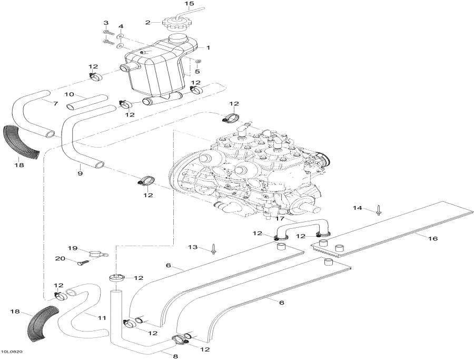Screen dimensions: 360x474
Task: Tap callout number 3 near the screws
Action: (x=105, y=23)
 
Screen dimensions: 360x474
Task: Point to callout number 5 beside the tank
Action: (x=197, y=71)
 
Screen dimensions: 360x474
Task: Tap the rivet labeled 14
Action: (x=379, y=212)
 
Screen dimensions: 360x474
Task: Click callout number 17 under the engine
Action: (x=279, y=218)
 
